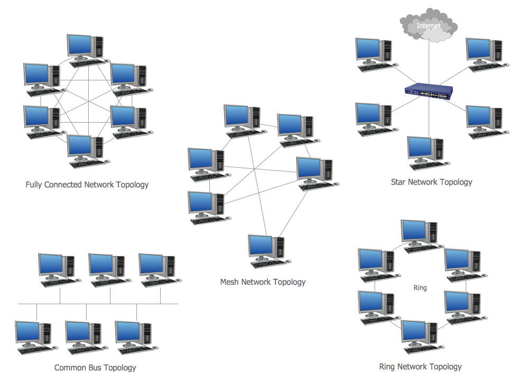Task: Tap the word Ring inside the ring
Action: pyautogui.click(x=420, y=288)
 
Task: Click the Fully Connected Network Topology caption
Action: pyautogui.click(x=87, y=185)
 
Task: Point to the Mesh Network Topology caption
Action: pyautogui.click(x=263, y=282)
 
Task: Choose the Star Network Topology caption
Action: pyautogui.click(x=431, y=182)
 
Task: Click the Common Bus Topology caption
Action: pyautogui.click(x=95, y=368)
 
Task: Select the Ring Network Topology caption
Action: pyautogui.click(x=420, y=367)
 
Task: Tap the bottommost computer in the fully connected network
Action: pyautogui.click(x=86, y=150)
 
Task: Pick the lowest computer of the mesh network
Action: pyautogui.click(x=267, y=250)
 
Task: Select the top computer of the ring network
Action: pyautogui.click(x=420, y=235)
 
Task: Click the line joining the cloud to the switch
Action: pyautogui.click(x=429, y=63)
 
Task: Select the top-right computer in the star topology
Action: pyautogui.click(x=484, y=53)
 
